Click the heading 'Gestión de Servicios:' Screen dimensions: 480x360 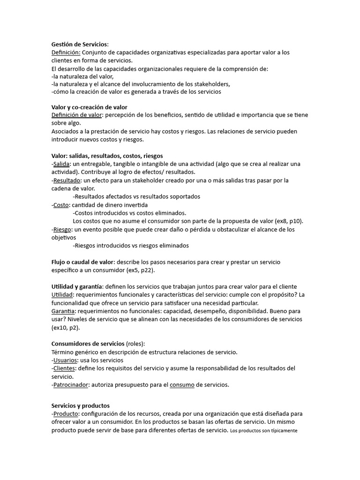point(80,44)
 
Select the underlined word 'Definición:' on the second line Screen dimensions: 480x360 point(66,52)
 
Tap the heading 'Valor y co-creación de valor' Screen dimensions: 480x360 point(89,107)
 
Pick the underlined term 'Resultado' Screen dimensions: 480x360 point(67,180)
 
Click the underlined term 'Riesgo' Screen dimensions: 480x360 point(62,229)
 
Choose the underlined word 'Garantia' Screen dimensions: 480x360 point(63,311)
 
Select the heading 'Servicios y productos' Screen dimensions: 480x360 point(80,405)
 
